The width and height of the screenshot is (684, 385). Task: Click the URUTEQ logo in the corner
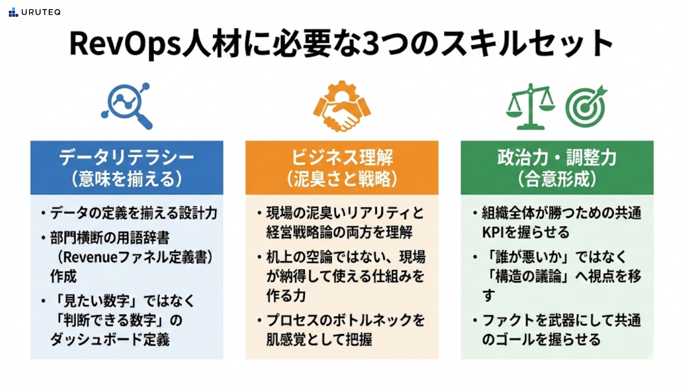pyautogui.click(x=35, y=12)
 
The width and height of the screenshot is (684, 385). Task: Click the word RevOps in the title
pyautogui.click(x=125, y=44)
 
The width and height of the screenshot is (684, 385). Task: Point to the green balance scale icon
pyautogui.click(x=530, y=106)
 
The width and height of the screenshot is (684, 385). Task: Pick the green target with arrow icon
pyautogui.click(x=586, y=106)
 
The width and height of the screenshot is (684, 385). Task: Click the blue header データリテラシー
pyautogui.click(x=127, y=158)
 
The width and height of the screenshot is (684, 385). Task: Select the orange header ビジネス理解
pyautogui.click(x=342, y=158)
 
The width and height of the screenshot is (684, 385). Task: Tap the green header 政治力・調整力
pyautogui.click(x=557, y=158)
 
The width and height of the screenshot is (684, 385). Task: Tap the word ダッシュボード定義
pyautogui.click(x=110, y=339)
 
